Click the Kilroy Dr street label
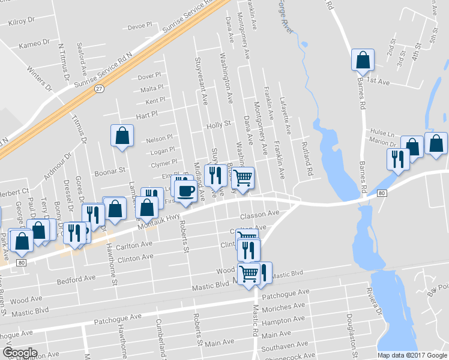(x=22, y=21)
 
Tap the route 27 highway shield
(x=99, y=88)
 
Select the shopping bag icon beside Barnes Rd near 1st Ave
(x=363, y=59)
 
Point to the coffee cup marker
(x=186, y=191)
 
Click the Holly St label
(x=218, y=125)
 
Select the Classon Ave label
(x=259, y=214)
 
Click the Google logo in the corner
(x=20, y=352)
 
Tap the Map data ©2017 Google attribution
(x=412, y=355)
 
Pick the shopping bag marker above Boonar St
(x=122, y=136)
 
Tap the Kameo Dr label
(x=34, y=44)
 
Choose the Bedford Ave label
(x=76, y=278)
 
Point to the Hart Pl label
(x=146, y=113)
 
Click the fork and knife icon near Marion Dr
(x=398, y=159)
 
